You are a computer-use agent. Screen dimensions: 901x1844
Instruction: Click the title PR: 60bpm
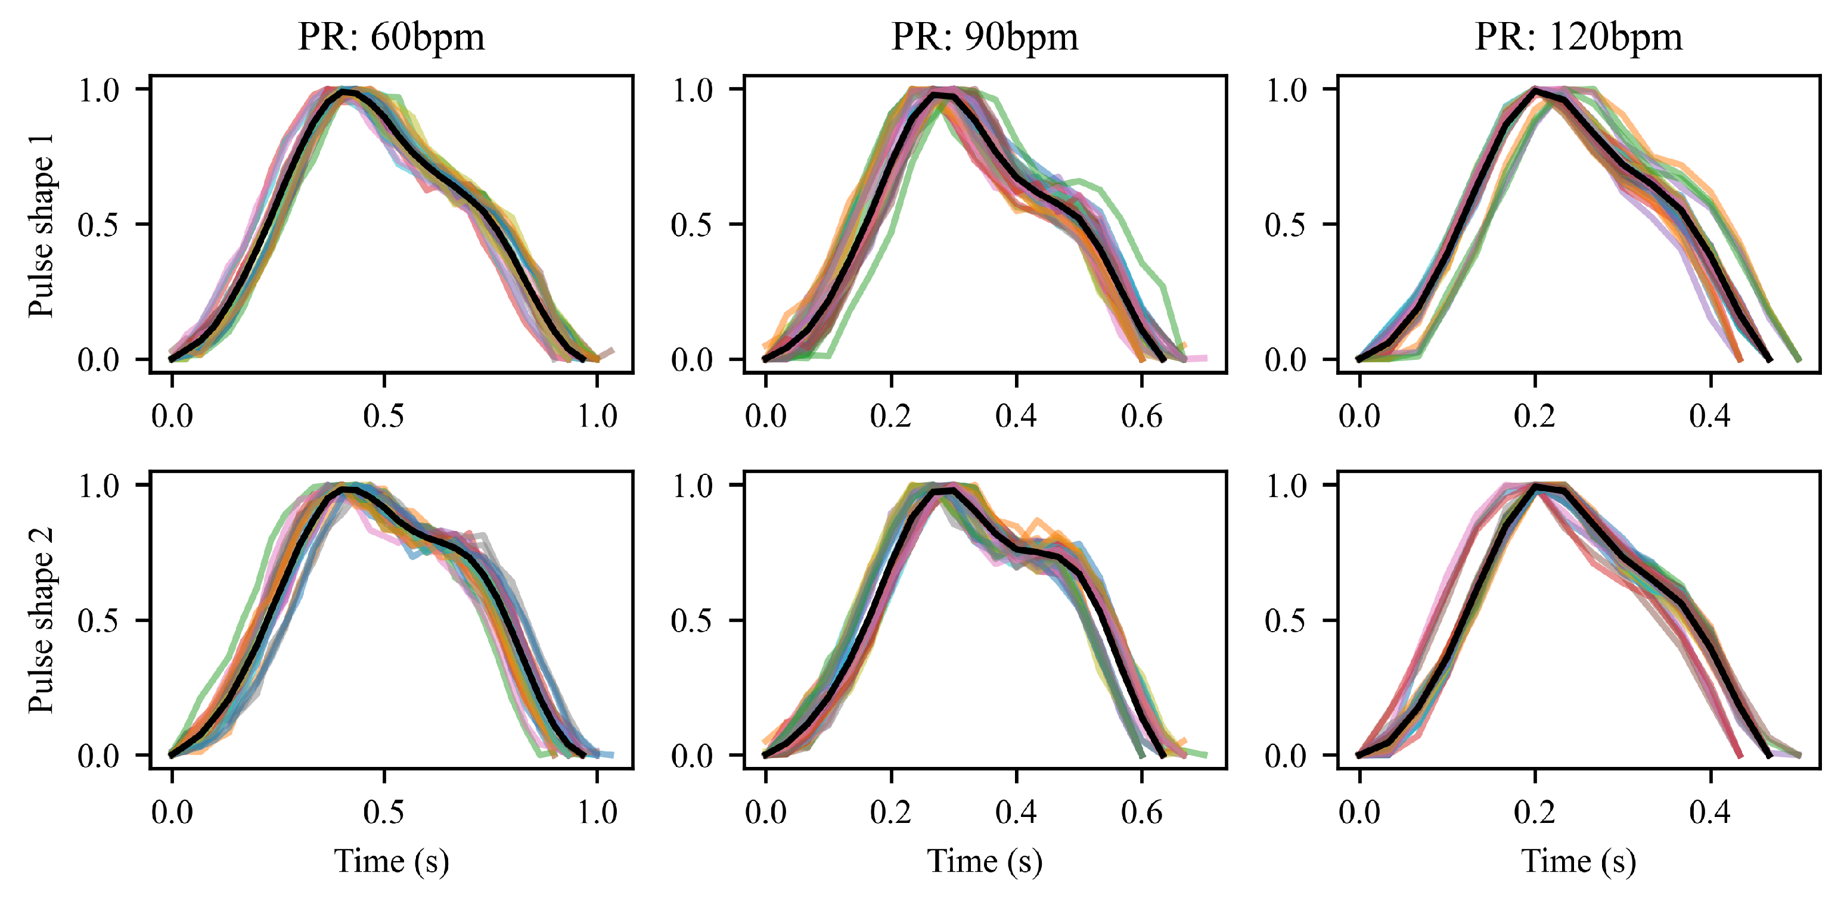pos(391,37)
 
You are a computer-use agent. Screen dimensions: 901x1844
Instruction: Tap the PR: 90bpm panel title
pos(984,37)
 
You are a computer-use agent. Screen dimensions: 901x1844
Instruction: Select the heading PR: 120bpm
pos(1578,37)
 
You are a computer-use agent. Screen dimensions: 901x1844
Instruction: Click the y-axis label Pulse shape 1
pos(41,225)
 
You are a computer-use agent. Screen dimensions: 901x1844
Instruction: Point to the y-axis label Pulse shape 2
pos(41,620)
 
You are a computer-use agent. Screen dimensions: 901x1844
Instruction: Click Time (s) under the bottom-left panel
pos(391,861)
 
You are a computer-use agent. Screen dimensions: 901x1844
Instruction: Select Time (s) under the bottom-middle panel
pos(984,861)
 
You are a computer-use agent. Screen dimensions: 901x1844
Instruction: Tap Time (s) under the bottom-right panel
pos(1578,861)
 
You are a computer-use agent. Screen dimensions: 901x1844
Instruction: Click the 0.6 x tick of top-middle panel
pos(1141,417)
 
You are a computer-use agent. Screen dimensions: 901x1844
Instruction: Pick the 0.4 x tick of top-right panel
pos(1710,417)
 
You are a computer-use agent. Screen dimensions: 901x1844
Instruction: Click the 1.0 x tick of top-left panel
pos(597,417)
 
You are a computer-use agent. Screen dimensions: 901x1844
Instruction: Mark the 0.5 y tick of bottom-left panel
pos(98,620)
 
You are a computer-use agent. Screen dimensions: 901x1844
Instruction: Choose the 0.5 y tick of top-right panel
pos(1286,225)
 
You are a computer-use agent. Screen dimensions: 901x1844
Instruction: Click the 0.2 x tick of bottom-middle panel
pos(890,813)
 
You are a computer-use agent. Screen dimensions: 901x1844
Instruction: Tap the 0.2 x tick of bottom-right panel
pos(1535,813)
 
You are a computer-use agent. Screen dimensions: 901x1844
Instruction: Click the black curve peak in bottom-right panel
pos(1535,487)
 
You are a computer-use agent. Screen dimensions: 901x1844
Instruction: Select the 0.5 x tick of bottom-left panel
pos(384,813)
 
